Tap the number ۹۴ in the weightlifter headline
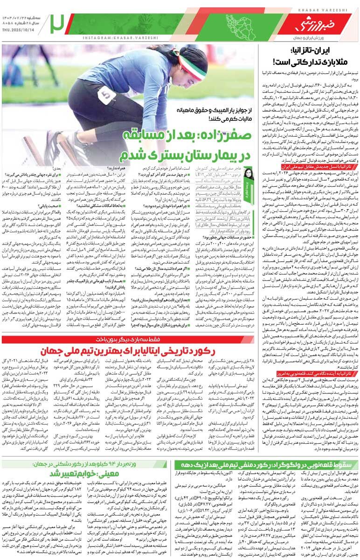pos(112,465)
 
